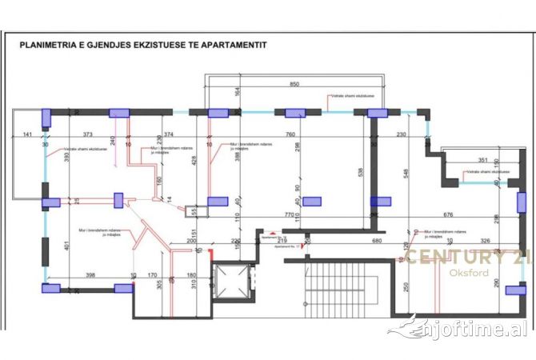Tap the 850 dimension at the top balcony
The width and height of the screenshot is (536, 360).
[294, 84]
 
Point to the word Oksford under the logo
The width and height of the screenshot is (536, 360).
[452, 274]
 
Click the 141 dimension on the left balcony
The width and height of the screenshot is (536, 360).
[27, 134]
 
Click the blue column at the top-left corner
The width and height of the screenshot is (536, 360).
[46, 113]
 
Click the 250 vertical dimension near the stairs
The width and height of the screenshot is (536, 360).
[406, 288]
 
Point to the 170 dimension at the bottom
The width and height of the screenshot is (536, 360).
[153, 275]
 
